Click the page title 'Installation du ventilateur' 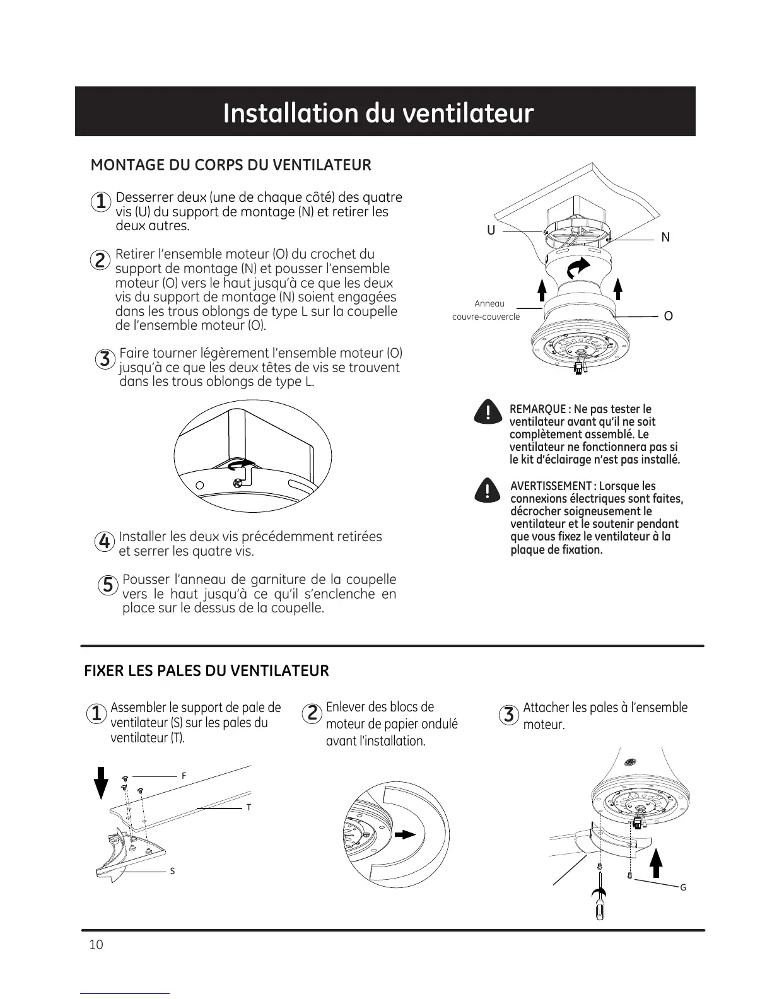378,114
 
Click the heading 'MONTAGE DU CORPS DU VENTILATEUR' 231,165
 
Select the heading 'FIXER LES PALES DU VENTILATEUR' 206,670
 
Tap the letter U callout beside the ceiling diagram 491,231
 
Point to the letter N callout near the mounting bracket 665,238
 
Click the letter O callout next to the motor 669,315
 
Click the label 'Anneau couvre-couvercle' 487,310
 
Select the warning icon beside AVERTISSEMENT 488,490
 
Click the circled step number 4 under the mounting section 105,542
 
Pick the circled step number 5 108,585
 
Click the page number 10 96,945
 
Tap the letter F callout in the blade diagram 184,776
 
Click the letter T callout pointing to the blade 249,807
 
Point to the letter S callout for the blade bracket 172,871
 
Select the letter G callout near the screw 683,887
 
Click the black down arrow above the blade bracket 101,781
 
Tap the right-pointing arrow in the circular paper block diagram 404,834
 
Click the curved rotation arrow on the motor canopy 579,267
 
